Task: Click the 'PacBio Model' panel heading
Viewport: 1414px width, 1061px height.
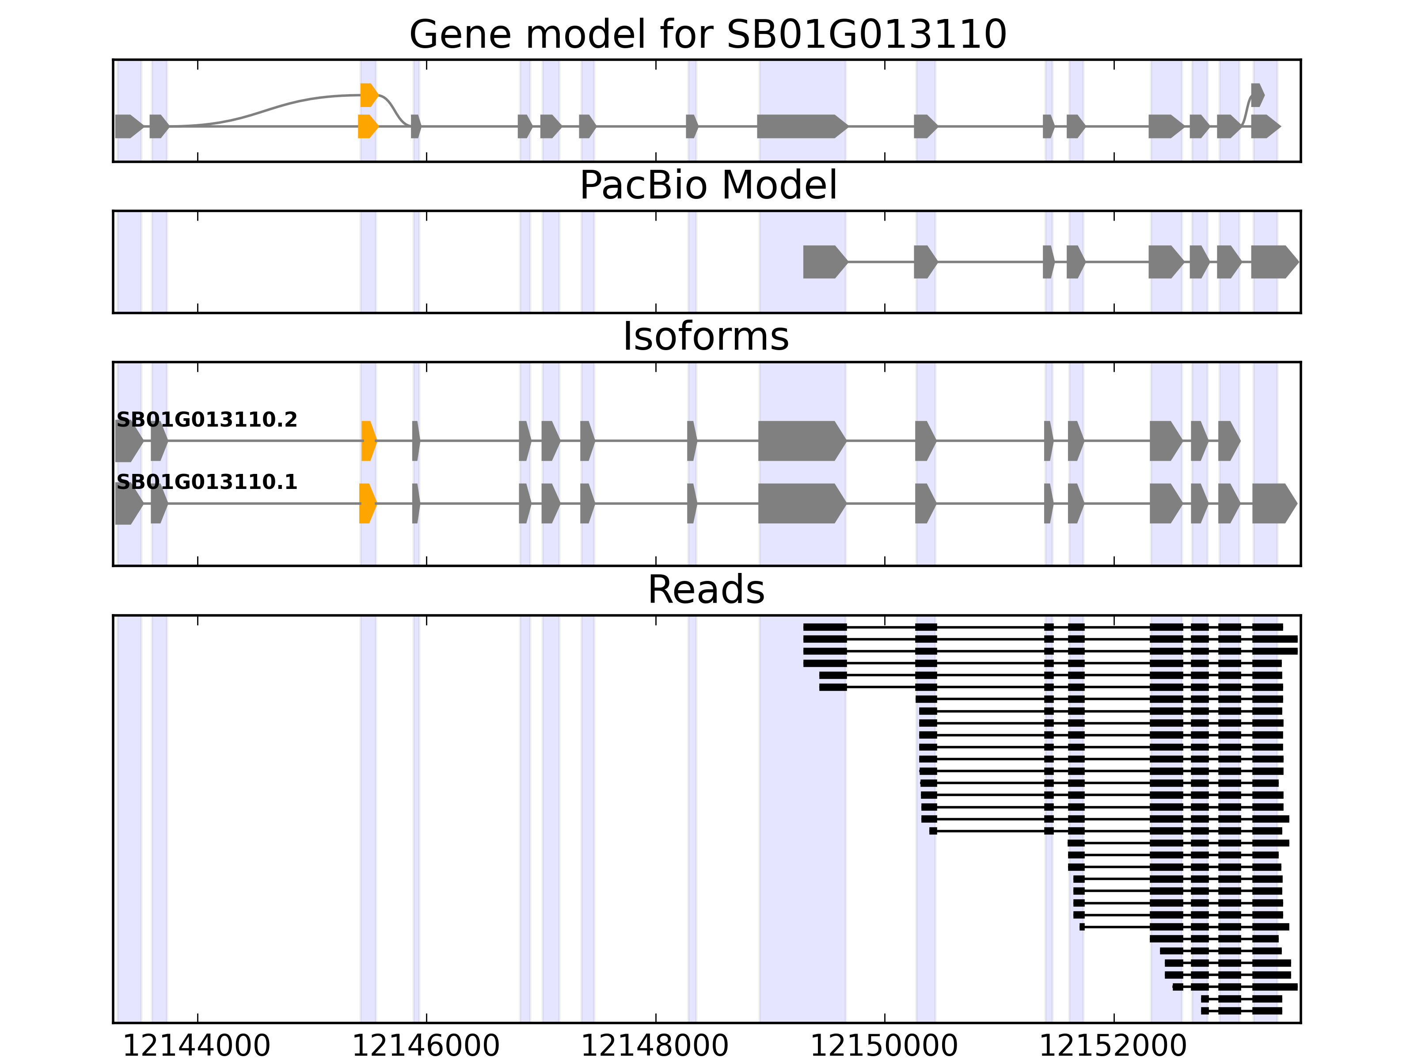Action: click(707, 186)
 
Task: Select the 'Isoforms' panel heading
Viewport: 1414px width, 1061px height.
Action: click(706, 336)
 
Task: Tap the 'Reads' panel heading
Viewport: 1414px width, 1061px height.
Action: click(706, 590)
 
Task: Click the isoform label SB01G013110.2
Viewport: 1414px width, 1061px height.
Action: click(206, 420)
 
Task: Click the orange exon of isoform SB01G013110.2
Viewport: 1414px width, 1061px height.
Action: click(368, 441)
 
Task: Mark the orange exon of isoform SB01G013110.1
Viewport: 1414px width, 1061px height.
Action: click(367, 504)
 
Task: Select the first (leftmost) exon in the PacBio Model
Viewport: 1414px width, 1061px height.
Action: click(823, 262)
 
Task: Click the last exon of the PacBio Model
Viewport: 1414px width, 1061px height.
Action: click(1273, 262)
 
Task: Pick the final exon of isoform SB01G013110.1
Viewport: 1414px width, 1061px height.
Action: click(1273, 504)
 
